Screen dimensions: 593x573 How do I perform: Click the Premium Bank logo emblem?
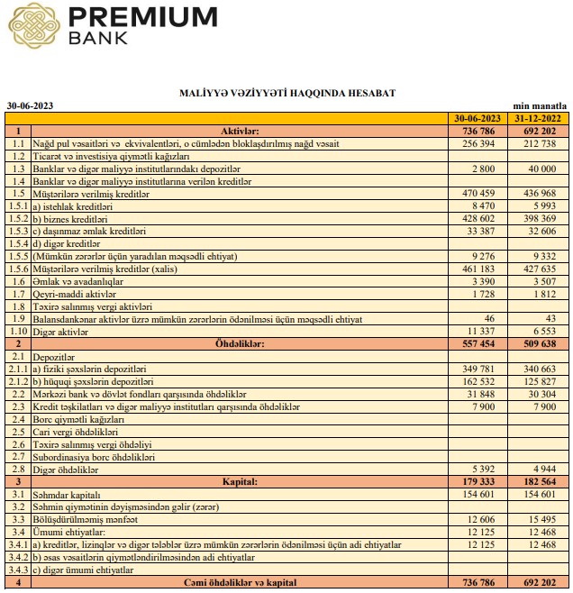(x=33, y=26)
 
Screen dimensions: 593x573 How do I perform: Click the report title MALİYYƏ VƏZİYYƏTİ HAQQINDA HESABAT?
(x=287, y=93)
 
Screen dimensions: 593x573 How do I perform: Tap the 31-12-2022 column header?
(x=537, y=118)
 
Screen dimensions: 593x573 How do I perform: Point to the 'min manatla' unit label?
(x=540, y=105)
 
